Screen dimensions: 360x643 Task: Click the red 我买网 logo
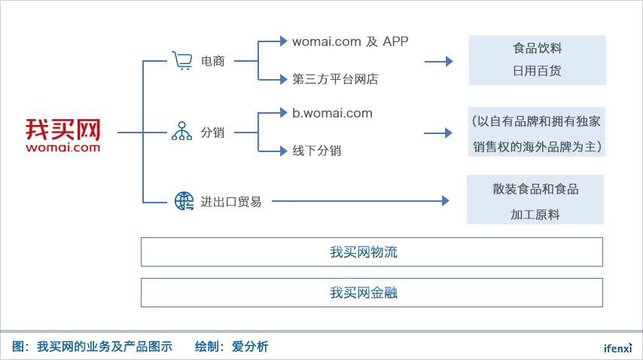pyautogui.click(x=62, y=134)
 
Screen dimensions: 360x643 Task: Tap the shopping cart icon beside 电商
pyautogui.click(x=181, y=61)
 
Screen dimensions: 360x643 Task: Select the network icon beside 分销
pyautogui.click(x=181, y=132)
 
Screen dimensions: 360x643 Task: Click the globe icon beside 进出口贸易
pyautogui.click(x=184, y=201)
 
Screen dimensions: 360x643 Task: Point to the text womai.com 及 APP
pyautogui.click(x=350, y=41)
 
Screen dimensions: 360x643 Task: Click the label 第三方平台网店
pyautogui.click(x=334, y=78)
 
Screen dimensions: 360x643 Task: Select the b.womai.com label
pyautogui.click(x=332, y=114)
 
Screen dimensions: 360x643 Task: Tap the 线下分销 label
pyautogui.click(x=316, y=151)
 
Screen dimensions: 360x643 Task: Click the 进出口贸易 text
pyautogui.click(x=230, y=202)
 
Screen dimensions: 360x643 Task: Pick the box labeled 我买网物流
pyautogui.click(x=371, y=252)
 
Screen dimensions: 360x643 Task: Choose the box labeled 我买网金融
pyautogui.click(x=371, y=293)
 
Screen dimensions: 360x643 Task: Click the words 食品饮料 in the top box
pyautogui.click(x=537, y=49)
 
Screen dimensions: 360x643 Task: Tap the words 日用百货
pyautogui.click(x=537, y=72)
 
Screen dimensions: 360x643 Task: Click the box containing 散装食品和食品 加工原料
pyautogui.click(x=535, y=200)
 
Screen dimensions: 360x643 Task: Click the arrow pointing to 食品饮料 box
pyautogui.click(x=439, y=61)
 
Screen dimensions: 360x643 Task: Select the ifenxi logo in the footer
pyautogui.click(x=617, y=348)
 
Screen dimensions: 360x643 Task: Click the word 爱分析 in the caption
pyautogui.click(x=250, y=346)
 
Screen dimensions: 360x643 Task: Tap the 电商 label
pyautogui.click(x=213, y=61)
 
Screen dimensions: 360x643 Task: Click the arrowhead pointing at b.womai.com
pyautogui.click(x=283, y=114)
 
